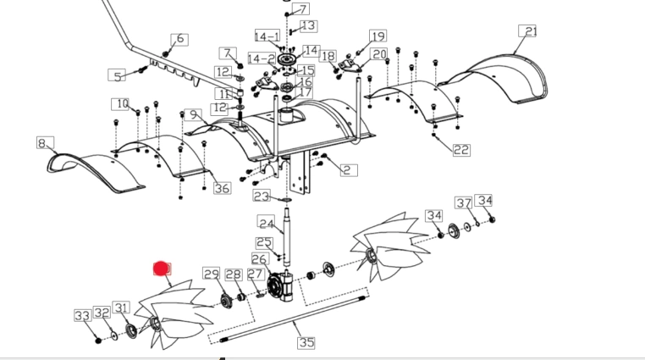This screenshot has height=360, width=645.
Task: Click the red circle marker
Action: coord(161,269)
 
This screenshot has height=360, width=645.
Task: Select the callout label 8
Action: coord(43,143)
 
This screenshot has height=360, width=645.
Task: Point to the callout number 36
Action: coord(222,188)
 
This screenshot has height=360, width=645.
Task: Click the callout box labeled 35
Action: coord(306,342)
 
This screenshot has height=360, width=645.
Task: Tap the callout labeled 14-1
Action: coord(267,36)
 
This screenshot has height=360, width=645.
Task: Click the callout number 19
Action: coord(378,36)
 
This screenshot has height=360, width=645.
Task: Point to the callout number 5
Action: coord(117,75)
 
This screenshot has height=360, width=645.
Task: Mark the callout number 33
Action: coord(82,315)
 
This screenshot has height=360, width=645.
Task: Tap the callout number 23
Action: coord(262,196)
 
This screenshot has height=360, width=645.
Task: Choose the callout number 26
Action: coord(260,259)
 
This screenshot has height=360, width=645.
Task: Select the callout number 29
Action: coord(212,274)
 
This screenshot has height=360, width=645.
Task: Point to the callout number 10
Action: coord(122,104)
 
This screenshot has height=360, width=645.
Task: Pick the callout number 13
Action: coord(308,26)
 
